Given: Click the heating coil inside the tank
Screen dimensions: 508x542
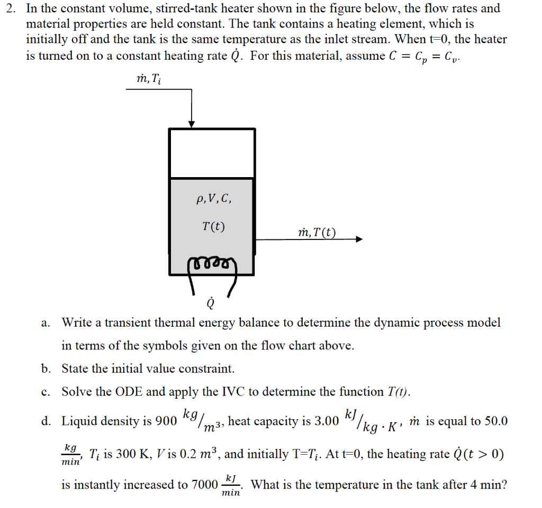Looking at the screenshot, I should tap(211, 263).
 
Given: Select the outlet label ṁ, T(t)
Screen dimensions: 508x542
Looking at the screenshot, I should tap(317, 233).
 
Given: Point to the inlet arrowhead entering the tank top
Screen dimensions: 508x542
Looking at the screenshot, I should tap(192, 124).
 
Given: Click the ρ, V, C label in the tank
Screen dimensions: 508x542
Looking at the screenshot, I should tap(213, 200).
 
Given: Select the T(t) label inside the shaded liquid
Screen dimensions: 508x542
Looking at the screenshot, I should tap(213, 227).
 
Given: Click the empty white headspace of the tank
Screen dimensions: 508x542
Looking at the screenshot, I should tap(212, 153).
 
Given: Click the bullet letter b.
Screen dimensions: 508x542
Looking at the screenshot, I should tap(46, 368).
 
